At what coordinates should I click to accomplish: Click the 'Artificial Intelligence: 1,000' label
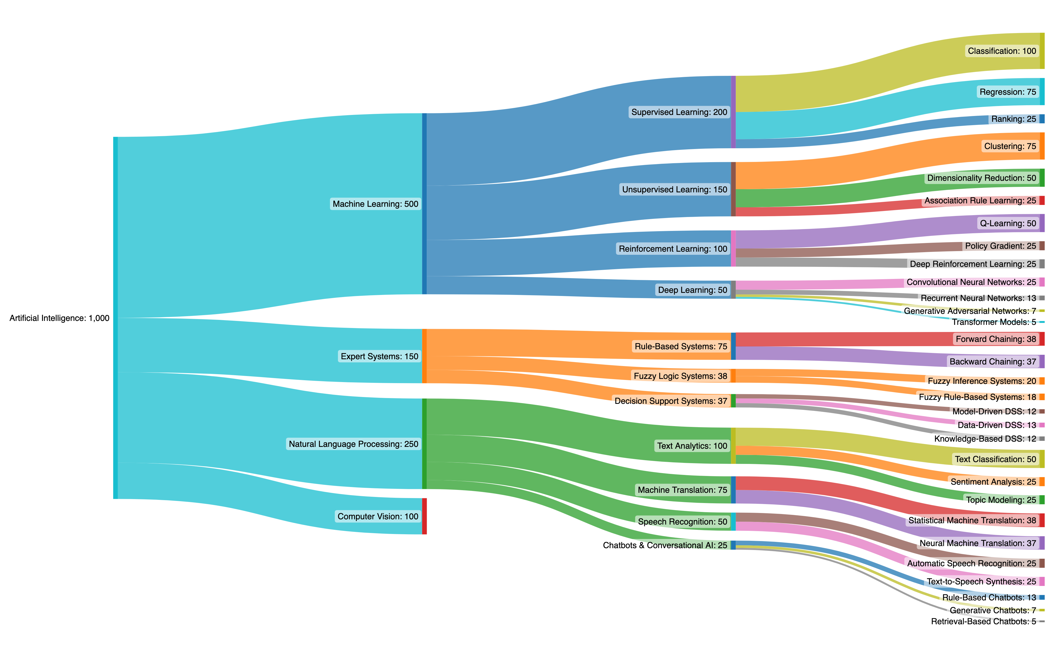coord(59,318)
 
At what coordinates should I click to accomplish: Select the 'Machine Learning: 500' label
coord(375,204)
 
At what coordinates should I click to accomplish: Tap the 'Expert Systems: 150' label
coord(379,356)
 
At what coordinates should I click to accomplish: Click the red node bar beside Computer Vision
coord(424,516)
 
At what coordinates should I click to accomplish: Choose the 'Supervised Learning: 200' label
coord(679,112)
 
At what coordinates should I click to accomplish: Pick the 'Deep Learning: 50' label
coord(692,290)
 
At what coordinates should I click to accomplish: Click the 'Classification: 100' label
coord(1002,51)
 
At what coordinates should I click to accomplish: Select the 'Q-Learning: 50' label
coord(1008,224)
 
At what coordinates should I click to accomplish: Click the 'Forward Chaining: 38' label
coord(995,339)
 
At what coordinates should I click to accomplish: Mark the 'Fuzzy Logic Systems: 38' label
coord(680,376)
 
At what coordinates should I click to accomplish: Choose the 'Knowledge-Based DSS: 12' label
coord(985,439)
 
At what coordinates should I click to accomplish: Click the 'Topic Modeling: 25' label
coord(1001,500)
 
